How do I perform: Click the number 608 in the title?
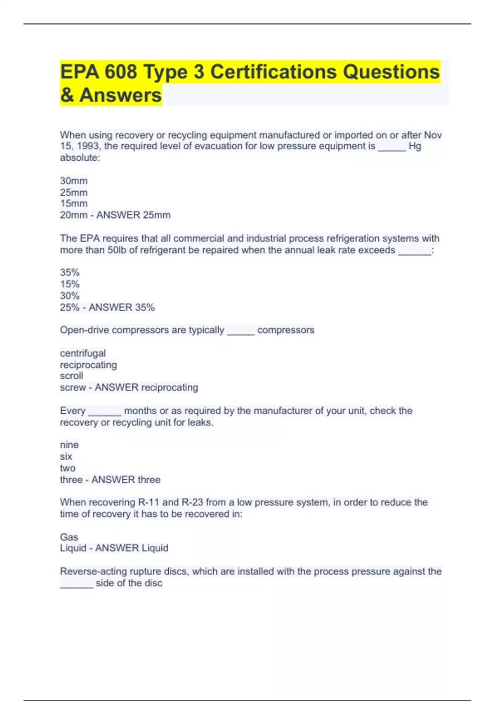coord(120,72)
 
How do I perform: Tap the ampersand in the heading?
coord(67,95)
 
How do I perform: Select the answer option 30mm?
coord(74,181)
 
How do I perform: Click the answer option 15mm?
coord(74,204)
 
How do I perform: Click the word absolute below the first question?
coord(80,158)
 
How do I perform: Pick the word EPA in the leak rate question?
coord(90,239)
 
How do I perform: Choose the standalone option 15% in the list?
coord(70,284)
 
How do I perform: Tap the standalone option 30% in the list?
coord(70,296)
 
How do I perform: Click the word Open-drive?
coord(84,330)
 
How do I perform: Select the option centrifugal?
coord(83,353)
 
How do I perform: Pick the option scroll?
coord(71,376)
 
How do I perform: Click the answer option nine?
coord(69,445)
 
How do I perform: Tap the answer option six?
coord(66,456)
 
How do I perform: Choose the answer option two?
coord(68,468)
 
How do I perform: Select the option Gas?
coord(69,537)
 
